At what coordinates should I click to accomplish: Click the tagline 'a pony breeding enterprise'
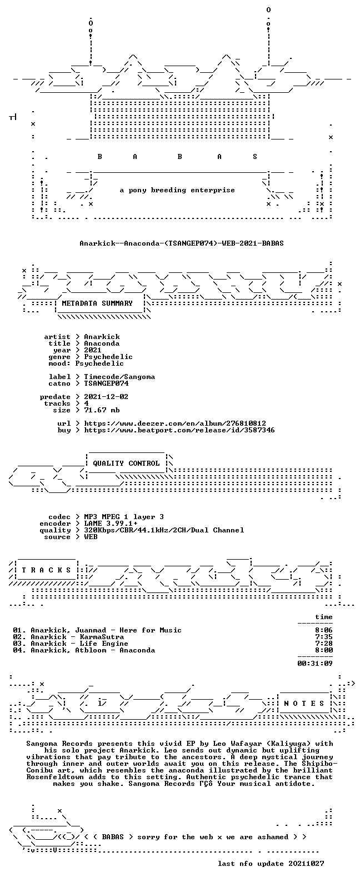click(177, 190)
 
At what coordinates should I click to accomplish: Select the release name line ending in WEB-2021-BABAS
click(181, 243)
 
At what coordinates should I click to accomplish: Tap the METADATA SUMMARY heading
click(97, 303)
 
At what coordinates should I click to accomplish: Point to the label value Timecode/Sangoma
click(119, 377)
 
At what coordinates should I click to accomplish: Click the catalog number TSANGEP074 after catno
click(106, 383)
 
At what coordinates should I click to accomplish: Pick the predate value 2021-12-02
click(106, 397)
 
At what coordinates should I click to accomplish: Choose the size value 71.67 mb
click(102, 410)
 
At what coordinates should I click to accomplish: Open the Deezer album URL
click(175, 423)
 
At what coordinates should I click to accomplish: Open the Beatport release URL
click(179, 430)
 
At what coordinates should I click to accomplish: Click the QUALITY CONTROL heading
click(126, 464)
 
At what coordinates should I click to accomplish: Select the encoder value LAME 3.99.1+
click(111, 524)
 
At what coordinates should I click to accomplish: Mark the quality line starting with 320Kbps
click(164, 530)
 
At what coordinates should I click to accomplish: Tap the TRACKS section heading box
click(46, 570)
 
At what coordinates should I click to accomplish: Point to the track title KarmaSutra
click(102, 637)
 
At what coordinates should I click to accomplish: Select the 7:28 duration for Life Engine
click(324, 644)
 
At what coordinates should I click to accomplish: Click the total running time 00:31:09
click(315, 663)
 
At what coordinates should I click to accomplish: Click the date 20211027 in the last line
click(306, 864)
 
